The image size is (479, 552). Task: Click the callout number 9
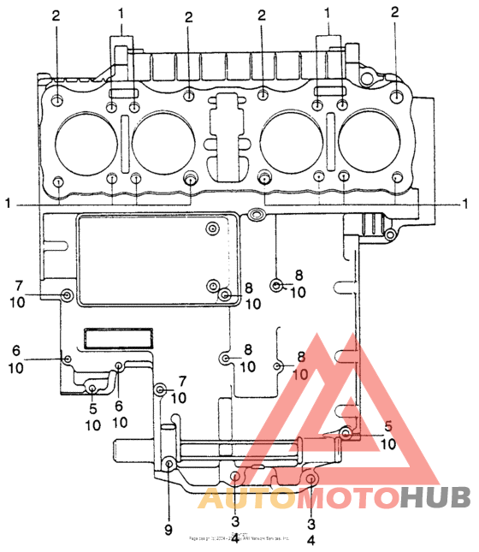pyautogui.click(x=169, y=518)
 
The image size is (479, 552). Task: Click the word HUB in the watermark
pyautogui.click(x=435, y=496)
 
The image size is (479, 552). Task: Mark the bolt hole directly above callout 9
pyautogui.click(x=169, y=464)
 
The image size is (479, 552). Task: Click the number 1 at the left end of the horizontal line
pyautogui.click(x=8, y=204)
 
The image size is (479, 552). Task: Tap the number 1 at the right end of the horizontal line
pyautogui.click(x=466, y=204)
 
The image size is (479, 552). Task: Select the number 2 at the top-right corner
pyautogui.click(x=394, y=12)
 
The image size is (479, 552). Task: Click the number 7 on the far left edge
pyautogui.click(x=17, y=283)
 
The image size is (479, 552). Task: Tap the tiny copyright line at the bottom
pyautogui.click(x=239, y=538)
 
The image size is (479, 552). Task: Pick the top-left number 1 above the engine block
pyautogui.click(x=121, y=14)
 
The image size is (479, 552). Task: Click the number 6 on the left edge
pyautogui.click(x=15, y=351)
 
